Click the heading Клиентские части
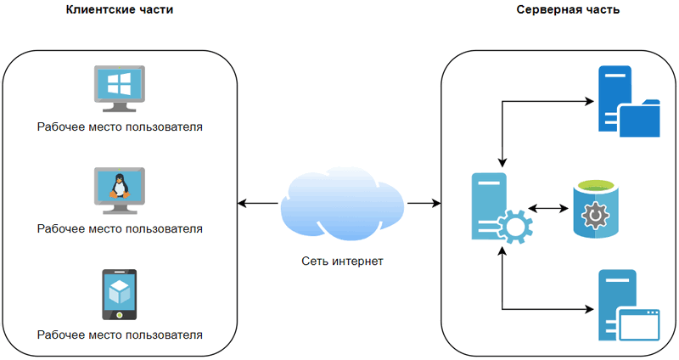(120, 9)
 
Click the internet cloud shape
(342, 202)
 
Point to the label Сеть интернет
(342, 261)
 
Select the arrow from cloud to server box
(424, 203)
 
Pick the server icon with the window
(628, 306)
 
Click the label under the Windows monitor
(120, 127)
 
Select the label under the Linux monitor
(120, 229)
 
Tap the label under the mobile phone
(120, 335)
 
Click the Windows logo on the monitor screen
(119, 83)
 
